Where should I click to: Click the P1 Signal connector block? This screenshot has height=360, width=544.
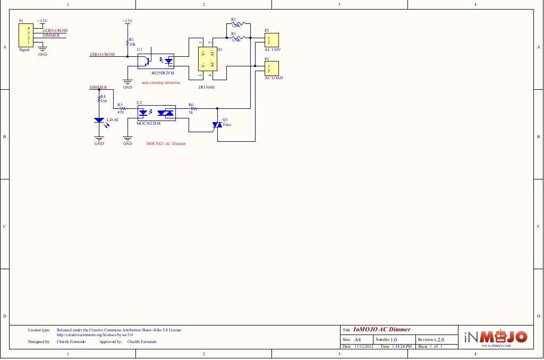tap(24, 35)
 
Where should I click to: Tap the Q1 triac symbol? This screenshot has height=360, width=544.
tap(217, 125)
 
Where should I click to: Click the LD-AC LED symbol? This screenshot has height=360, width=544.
tap(99, 121)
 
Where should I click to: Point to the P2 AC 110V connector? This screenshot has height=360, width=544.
tap(271, 40)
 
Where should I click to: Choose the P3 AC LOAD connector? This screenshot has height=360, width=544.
tap(271, 68)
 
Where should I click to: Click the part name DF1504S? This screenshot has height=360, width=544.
tap(206, 87)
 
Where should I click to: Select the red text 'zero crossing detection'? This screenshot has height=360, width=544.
tap(160, 83)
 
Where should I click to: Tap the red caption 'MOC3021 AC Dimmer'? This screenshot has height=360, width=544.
tap(166, 143)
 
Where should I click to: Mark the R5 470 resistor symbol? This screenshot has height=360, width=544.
tap(121, 108)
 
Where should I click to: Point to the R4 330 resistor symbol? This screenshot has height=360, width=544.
tap(99, 99)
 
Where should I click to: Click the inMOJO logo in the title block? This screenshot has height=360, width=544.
tap(496, 337)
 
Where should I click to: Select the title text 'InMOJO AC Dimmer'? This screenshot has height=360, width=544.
tap(381, 330)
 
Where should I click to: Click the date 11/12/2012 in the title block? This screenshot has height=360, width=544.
tap(364, 346)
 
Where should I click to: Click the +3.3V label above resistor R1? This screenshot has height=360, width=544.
tap(127, 21)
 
